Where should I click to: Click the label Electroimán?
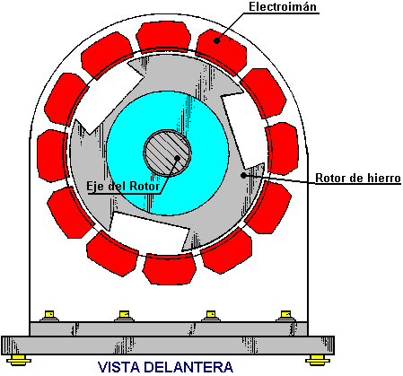pyautogui.click(x=283, y=6)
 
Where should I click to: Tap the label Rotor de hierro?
pyautogui.click(x=358, y=178)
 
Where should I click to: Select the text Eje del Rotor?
pyautogui.click(x=123, y=186)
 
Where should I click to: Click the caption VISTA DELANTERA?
pyautogui.click(x=165, y=367)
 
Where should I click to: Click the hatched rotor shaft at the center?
pyautogui.click(x=167, y=153)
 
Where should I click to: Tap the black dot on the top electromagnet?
pyautogui.click(x=217, y=40)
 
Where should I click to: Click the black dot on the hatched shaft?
pyautogui.click(x=178, y=158)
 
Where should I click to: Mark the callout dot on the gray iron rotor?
pyautogui.click(x=244, y=175)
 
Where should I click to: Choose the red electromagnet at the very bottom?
pyautogui.click(x=169, y=269)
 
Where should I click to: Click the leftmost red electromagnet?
pyautogui.click(x=52, y=155)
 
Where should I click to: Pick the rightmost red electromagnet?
pyautogui.click(x=283, y=148)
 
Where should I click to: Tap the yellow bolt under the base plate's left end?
pyautogui.click(x=19, y=360)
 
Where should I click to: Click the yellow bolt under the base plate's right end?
pyautogui.click(x=318, y=360)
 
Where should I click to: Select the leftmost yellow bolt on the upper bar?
pyautogui.click(x=49, y=316)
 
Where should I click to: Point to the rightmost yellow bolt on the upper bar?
pyautogui.click(x=285, y=316)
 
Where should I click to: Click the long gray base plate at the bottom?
pyautogui.click(x=168, y=345)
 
